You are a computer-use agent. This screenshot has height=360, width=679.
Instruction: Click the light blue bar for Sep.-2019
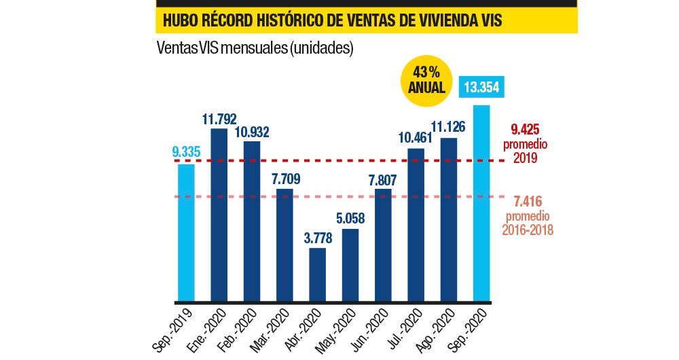(185, 233)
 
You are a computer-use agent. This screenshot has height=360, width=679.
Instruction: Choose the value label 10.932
(251, 131)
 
